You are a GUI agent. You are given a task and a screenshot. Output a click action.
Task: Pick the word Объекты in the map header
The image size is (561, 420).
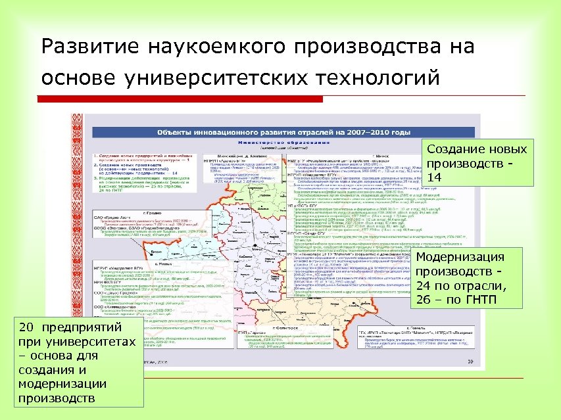176,132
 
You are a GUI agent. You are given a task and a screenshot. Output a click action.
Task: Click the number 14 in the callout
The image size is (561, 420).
434,177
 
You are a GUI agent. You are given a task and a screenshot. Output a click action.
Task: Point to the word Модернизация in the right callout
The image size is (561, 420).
460,257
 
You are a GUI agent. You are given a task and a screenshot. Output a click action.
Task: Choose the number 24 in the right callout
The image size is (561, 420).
423,286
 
